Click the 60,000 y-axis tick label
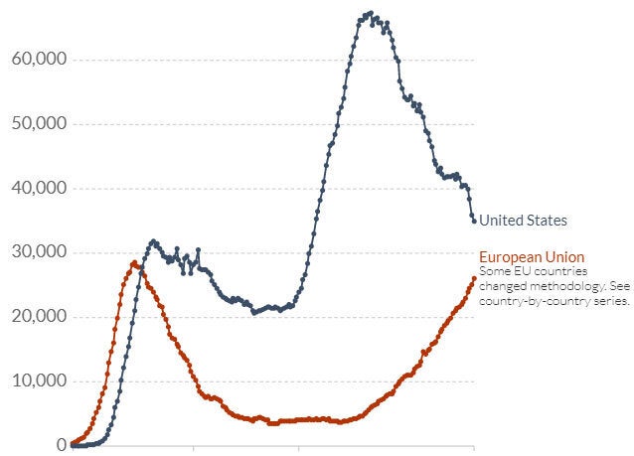point(39,60)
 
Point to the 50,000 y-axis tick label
point(39,124)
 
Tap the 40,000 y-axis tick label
point(39,188)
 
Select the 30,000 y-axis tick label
point(39,252)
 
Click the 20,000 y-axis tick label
point(39,317)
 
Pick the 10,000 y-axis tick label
point(39,380)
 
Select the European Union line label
point(532,256)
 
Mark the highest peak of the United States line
point(370,14)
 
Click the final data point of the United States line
point(473,220)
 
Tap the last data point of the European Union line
point(473,278)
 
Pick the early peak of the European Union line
point(133,263)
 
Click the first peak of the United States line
point(153,241)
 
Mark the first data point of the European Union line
point(73,442)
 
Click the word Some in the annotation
point(494,270)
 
